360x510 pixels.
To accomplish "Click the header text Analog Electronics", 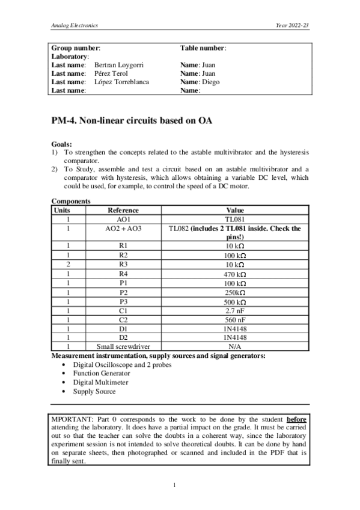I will [75, 26].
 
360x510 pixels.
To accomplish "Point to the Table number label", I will [203, 47].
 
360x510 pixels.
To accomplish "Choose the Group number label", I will [76, 47].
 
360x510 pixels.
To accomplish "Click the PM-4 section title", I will [132, 121].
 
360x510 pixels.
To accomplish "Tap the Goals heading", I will [62, 144].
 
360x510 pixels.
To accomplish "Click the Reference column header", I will [123, 210].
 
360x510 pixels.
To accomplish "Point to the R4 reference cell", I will [123, 274].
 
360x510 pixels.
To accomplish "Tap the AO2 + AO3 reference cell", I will [123, 229].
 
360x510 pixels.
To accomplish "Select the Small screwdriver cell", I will [123, 347].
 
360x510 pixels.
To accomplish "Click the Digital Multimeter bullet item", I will [99, 382].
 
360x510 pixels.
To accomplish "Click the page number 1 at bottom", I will [174, 485].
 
